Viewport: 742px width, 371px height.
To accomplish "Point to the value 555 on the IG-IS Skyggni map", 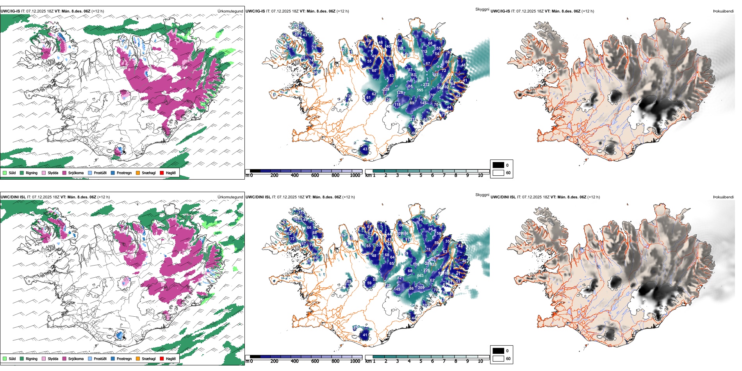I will tap(420, 90).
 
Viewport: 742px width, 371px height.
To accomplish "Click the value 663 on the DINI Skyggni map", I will tap(420, 276).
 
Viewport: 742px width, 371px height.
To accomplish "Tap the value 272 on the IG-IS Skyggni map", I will tap(426, 85).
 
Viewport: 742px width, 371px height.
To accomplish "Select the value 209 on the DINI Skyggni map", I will tap(421, 287).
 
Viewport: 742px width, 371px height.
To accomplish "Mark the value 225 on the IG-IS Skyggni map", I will tap(386, 89).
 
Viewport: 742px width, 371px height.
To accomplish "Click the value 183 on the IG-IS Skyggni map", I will tap(435, 75).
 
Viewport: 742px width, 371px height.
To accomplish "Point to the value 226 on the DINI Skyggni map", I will tap(426, 270).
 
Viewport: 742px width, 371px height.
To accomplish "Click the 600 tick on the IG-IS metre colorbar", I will tap(315, 175).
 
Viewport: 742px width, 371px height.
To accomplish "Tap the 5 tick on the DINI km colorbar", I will tap(421, 361).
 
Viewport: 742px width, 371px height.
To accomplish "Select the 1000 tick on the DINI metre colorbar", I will tap(355, 361).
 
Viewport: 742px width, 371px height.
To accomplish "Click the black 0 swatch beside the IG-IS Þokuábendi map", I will tap(498, 165).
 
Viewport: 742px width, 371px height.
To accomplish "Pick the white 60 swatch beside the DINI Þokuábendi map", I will tap(498, 359).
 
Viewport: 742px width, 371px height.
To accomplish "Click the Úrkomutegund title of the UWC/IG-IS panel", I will tap(230, 11).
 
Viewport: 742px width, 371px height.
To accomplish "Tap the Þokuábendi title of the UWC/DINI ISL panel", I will tap(723, 197).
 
